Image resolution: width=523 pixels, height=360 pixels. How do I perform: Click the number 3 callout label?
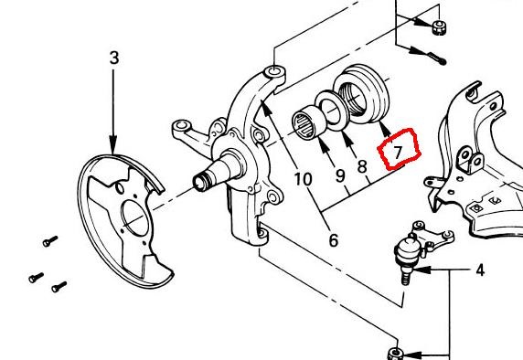(114, 58)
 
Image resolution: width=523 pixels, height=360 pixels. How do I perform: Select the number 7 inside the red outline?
(398, 152)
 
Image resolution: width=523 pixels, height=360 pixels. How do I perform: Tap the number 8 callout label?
(362, 166)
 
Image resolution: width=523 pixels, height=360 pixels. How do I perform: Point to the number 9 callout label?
(340, 175)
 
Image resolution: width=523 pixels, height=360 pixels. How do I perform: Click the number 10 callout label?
(304, 179)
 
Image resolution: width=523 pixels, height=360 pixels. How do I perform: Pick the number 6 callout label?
(334, 239)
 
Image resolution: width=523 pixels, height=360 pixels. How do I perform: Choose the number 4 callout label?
(480, 270)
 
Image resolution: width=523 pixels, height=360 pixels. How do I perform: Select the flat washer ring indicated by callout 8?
(332, 111)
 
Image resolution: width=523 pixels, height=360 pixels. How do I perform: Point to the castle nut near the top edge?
(439, 26)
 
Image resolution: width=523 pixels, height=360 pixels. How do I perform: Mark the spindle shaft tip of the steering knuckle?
(199, 184)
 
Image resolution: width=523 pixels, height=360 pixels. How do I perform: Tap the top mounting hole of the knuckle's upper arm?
(274, 71)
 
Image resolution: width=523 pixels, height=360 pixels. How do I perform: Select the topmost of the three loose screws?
(50, 241)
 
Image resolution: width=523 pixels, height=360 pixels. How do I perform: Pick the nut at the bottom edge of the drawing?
(396, 354)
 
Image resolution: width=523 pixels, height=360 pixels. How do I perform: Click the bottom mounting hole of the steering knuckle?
(262, 232)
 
